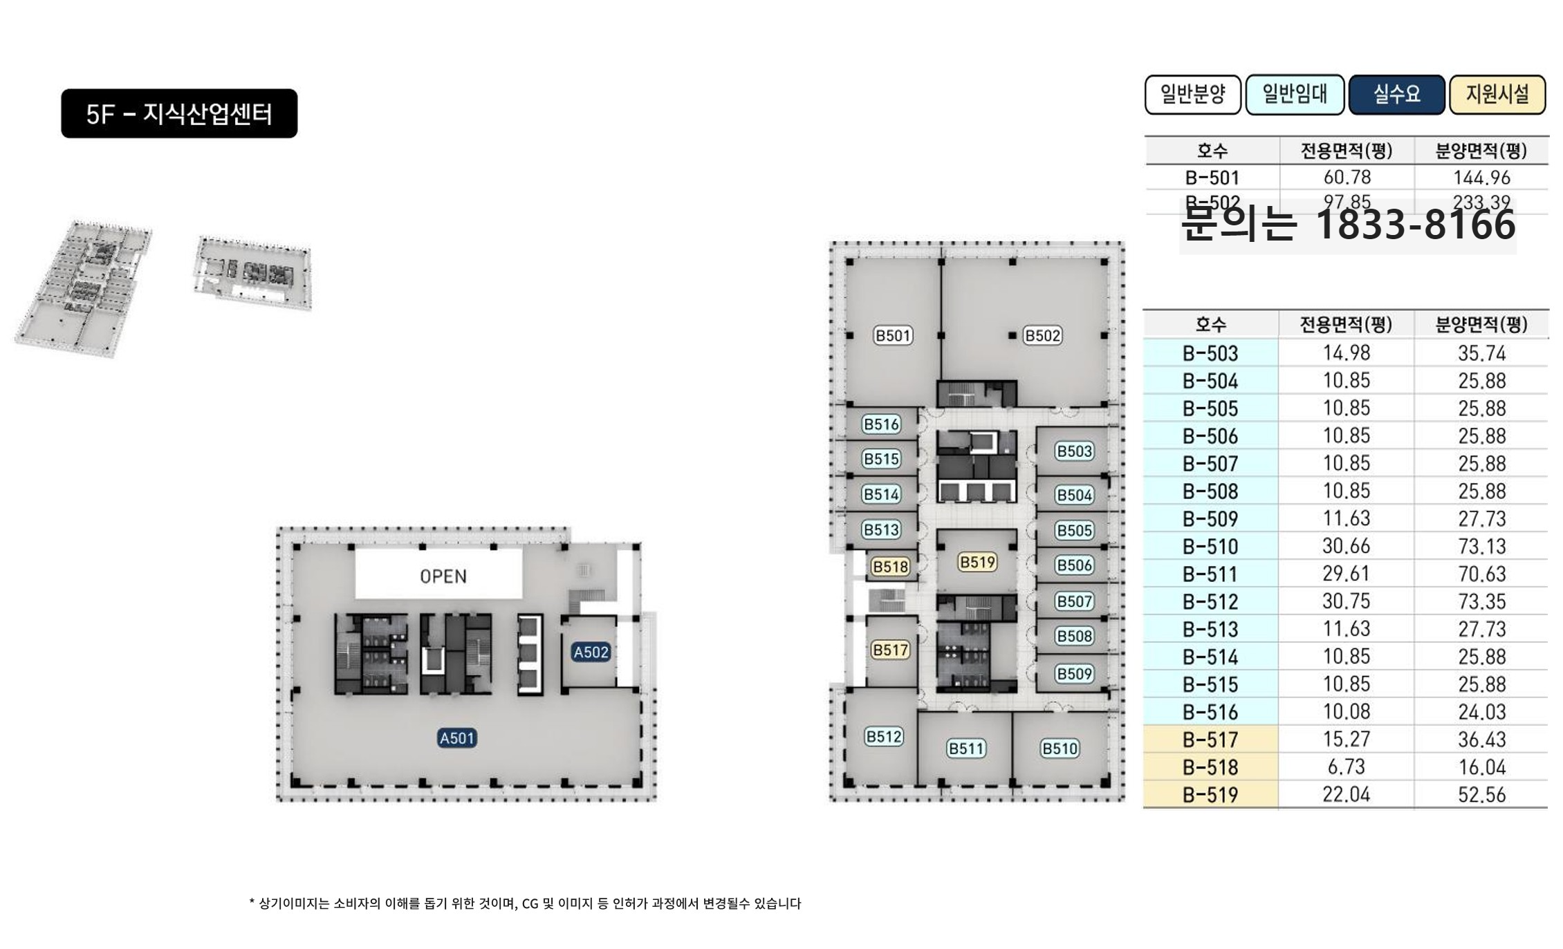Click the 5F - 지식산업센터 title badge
(179, 113)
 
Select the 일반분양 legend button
(1192, 94)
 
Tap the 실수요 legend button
(1396, 94)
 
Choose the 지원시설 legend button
(1497, 94)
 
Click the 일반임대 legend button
(1295, 94)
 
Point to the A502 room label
(591, 652)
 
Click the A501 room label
(457, 738)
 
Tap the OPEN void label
(443, 576)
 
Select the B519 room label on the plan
(977, 562)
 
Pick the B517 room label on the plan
(890, 650)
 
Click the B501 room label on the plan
(893, 336)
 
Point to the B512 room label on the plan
(884, 737)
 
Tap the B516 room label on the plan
(882, 424)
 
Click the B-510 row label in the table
(1210, 547)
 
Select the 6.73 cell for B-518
(1346, 767)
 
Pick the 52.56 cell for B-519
(1481, 795)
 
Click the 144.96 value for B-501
(1481, 178)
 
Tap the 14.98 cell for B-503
(1346, 353)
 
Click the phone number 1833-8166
(1414, 225)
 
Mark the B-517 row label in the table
(1210, 740)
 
